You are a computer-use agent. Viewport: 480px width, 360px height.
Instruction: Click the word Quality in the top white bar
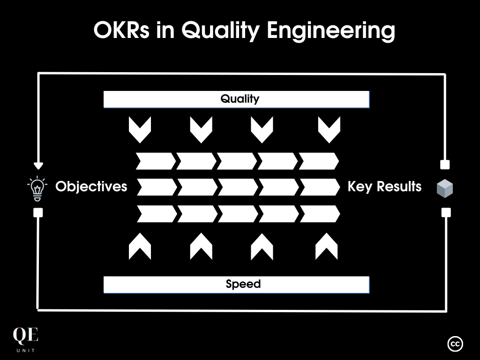(240, 99)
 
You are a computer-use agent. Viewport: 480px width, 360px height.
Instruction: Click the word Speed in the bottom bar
(243, 284)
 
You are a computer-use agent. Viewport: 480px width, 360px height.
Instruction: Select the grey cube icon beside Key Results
(445, 188)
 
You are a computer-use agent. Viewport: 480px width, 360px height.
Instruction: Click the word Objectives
(91, 187)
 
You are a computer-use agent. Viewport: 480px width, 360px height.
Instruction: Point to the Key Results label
(384, 187)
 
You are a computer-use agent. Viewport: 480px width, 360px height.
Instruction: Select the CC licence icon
(455, 344)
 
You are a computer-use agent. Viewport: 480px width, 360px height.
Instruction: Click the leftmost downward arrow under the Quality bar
(140, 129)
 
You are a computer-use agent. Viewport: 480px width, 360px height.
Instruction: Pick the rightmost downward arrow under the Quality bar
(329, 129)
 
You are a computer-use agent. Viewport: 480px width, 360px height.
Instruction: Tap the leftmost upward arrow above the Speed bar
(140, 247)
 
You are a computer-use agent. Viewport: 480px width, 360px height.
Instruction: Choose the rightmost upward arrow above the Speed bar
(326, 247)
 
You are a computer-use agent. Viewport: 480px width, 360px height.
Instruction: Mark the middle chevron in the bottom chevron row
(238, 214)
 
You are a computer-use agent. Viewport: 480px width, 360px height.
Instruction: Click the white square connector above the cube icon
(445, 165)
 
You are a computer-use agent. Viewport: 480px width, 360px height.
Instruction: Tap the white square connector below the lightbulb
(38, 213)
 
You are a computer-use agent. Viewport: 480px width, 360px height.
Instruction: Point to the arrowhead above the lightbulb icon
(38, 165)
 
